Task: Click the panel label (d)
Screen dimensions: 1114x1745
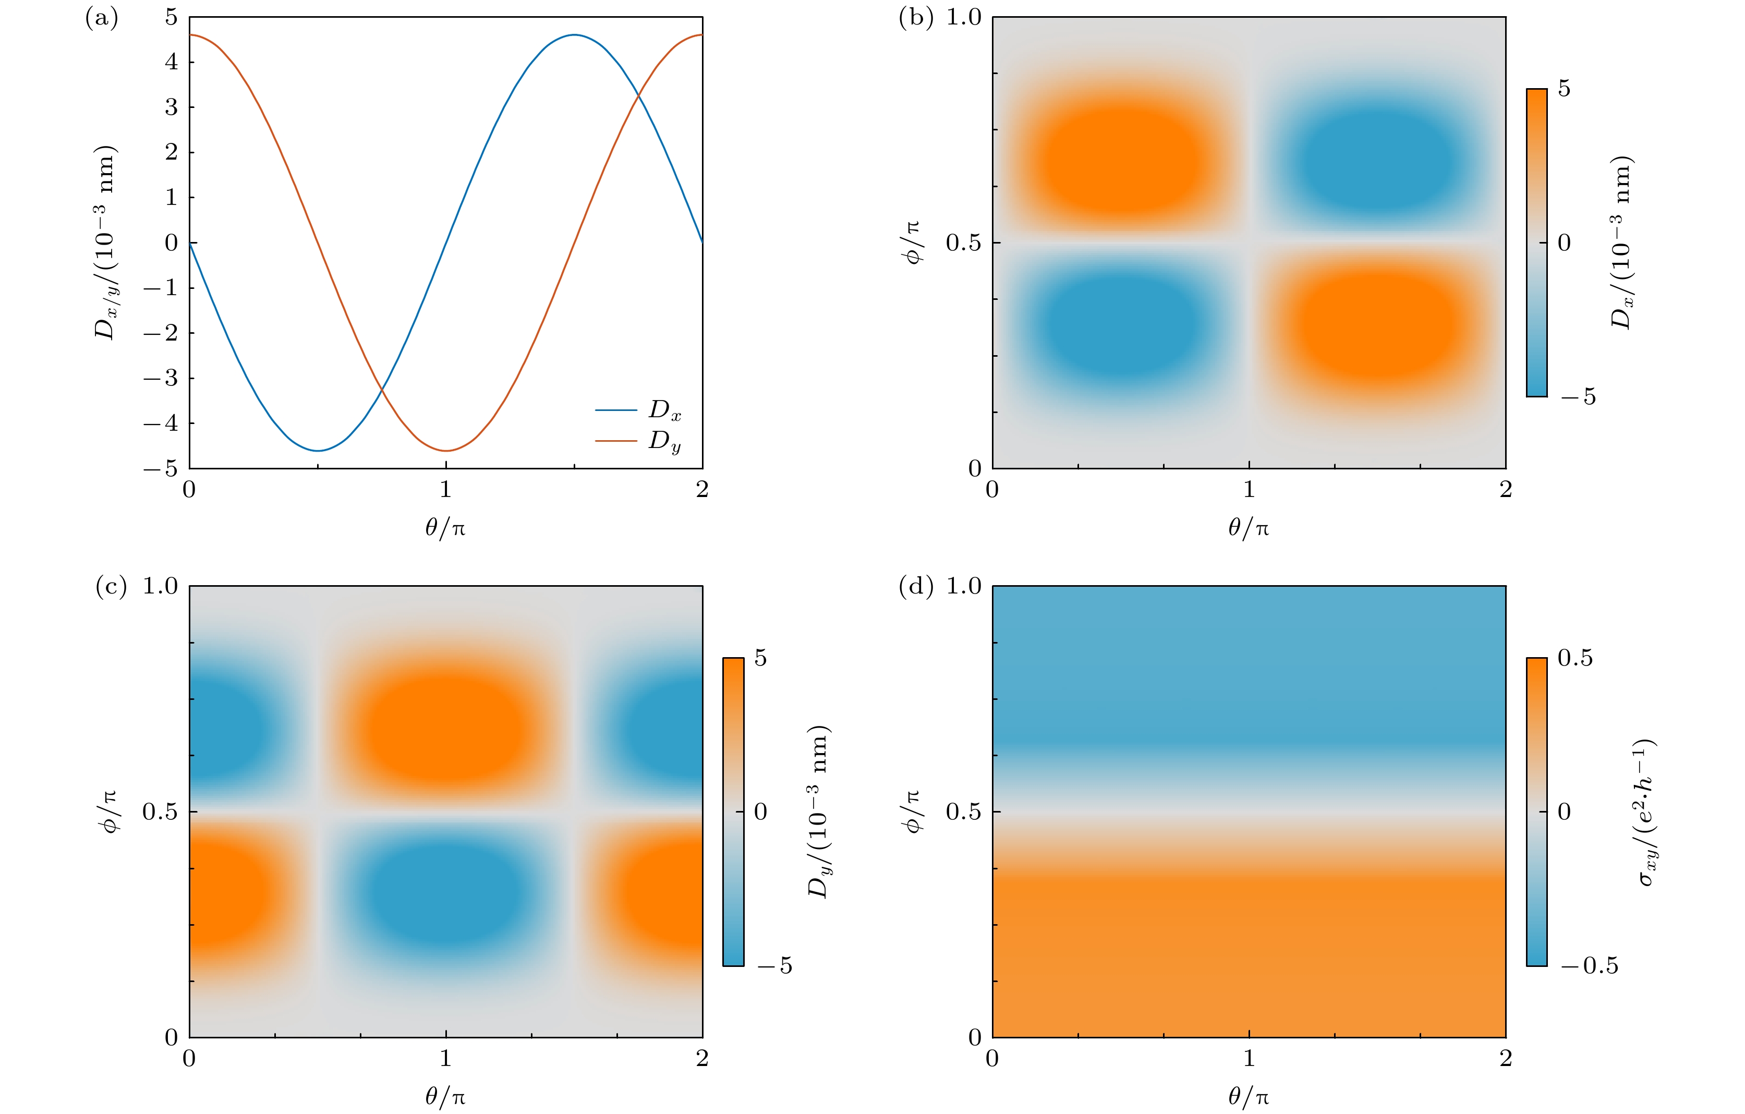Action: (x=915, y=586)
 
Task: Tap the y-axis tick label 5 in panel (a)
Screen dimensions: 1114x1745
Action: (x=171, y=17)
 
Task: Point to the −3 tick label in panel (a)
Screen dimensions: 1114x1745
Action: (x=161, y=378)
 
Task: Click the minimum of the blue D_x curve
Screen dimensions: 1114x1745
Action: (x=318, y=451)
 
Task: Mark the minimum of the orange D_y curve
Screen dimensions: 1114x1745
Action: (x=446, y=451)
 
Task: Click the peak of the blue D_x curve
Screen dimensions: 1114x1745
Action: (x=574, y=35)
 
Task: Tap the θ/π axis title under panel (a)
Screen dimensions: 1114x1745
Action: (x=445, y=528)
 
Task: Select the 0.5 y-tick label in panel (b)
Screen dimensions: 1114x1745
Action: (x=963, y=243)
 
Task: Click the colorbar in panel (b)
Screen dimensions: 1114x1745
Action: (x=1536, y=243)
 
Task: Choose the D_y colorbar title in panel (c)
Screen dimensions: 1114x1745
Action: (x=819, y=812)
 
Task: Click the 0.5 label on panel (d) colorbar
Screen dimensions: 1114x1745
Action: (x=1576, y=658)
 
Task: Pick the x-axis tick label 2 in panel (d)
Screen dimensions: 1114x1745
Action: (x=1506, y=1059)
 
